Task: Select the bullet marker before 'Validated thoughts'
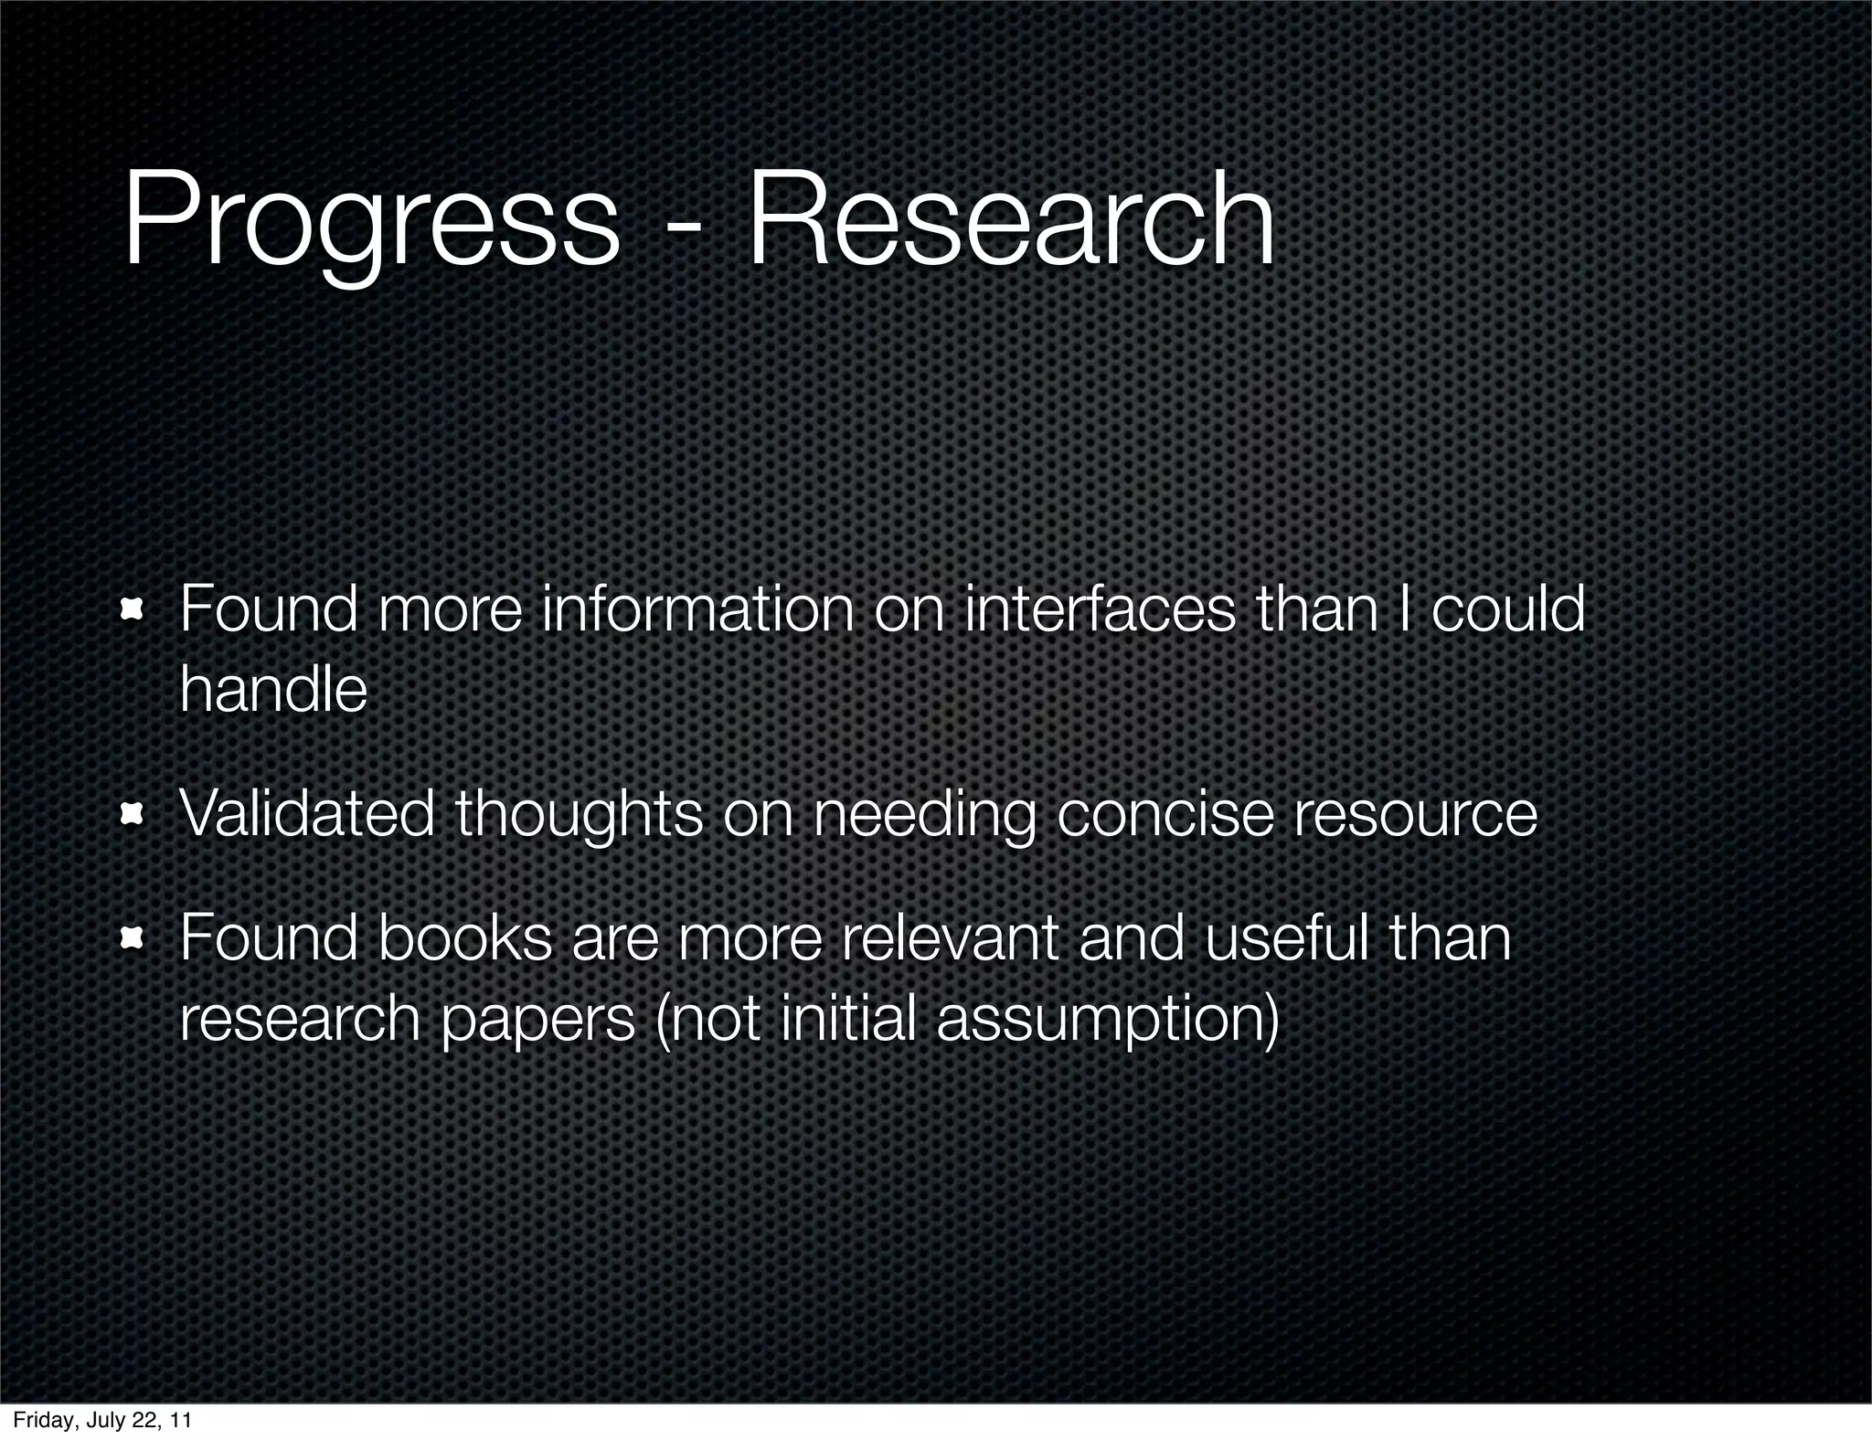pyautogui.click(x=133, y=812)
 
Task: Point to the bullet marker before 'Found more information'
pyautogui.click(x=133, y=609)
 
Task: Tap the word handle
pyautogui.click(x=273, y=689)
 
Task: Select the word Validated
pyautogui.click(x=306, y=812)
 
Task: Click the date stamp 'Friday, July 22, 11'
pyautogui.click(x=102, y=1420)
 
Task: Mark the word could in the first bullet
pyautogui.click(x=1507, y=609)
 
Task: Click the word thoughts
pyautogui.click(x=579, y=814)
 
